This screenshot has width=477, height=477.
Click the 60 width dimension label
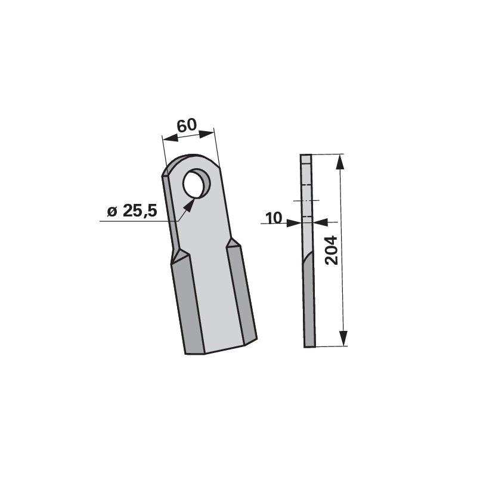[187, 125]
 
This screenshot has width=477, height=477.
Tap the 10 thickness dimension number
[274, 218]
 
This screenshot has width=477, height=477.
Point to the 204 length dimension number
[332, 250]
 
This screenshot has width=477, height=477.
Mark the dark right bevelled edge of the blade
[241, 292]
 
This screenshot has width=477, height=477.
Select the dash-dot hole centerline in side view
[306, 200]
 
